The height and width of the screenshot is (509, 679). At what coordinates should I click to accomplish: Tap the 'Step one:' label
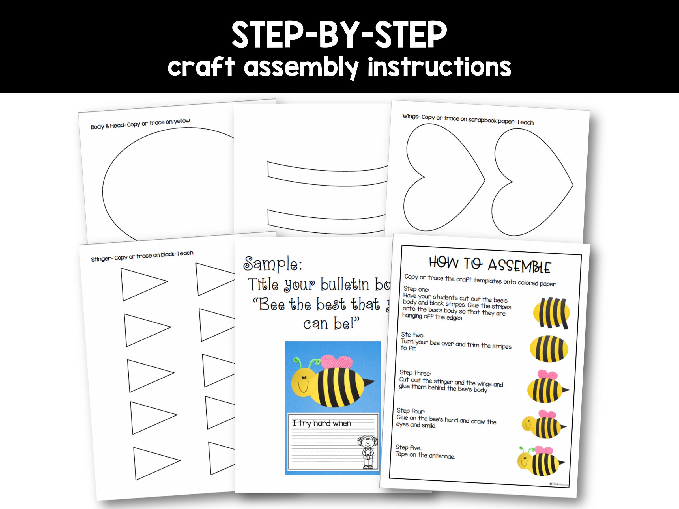tap(416, 289)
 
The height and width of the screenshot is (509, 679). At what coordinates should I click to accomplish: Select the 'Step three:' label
tap(415, 373)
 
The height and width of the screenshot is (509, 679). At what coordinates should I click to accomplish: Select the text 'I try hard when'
tap(321, 423)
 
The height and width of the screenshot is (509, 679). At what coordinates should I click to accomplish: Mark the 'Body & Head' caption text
tap(140, 124)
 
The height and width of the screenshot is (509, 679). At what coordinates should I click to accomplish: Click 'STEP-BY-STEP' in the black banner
tap(339, 34)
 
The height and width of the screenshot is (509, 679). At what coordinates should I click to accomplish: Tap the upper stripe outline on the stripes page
tap(325, 174)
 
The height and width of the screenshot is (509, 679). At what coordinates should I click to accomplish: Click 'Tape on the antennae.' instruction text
tap(425, 455)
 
